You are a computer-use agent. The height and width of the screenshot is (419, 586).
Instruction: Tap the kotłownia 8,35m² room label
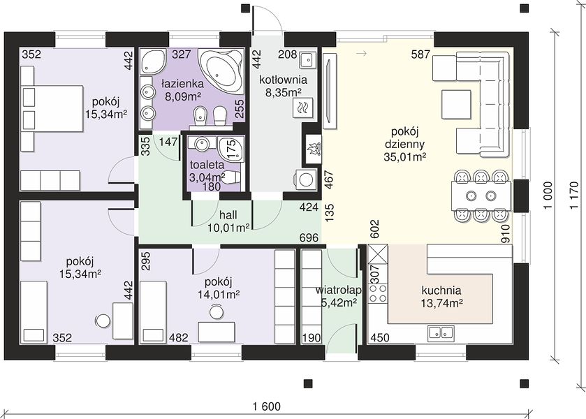284,86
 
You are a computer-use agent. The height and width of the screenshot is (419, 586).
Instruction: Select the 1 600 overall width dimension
267,406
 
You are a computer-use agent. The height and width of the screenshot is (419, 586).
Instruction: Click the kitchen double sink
441,332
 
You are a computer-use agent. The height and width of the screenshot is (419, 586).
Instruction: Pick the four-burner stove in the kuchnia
377,293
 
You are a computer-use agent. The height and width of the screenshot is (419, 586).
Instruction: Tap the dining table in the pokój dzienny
481,195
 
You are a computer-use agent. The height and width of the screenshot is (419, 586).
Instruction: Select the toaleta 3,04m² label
207,170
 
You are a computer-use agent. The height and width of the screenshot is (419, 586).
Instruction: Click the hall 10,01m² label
228,221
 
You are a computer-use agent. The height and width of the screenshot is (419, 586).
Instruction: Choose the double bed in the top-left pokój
52,108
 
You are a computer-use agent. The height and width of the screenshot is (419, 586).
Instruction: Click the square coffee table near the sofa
455,104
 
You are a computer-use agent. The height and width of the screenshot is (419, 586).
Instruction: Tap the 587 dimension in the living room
420,54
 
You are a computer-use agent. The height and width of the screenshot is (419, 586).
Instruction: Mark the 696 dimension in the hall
309,237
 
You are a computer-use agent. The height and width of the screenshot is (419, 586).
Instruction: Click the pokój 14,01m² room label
219,288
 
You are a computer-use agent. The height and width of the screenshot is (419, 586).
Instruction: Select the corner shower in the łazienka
153,61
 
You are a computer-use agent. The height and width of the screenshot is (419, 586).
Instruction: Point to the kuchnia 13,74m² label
441,296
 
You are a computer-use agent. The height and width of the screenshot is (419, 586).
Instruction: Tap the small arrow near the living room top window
361,54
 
